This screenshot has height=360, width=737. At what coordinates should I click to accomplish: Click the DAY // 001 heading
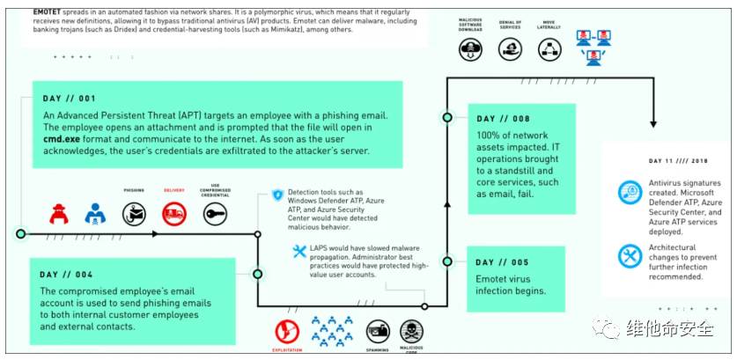click(69, 98)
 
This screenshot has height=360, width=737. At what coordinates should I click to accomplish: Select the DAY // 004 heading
click(68, 274)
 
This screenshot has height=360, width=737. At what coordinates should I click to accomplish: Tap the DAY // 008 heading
click(504, 118)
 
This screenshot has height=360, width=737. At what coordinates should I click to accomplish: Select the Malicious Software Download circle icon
click(470, 50)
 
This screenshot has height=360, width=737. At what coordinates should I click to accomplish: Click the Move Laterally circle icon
click(551, 50)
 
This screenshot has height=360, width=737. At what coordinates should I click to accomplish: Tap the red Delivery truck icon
click(173, 213)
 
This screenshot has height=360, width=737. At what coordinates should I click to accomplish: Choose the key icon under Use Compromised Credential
click(215, 213)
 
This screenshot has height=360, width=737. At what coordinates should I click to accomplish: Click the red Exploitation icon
click(287, 331)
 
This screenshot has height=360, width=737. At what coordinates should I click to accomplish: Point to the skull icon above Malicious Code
click(410, 331)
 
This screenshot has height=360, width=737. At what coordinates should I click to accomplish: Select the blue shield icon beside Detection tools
click(277, 195)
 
